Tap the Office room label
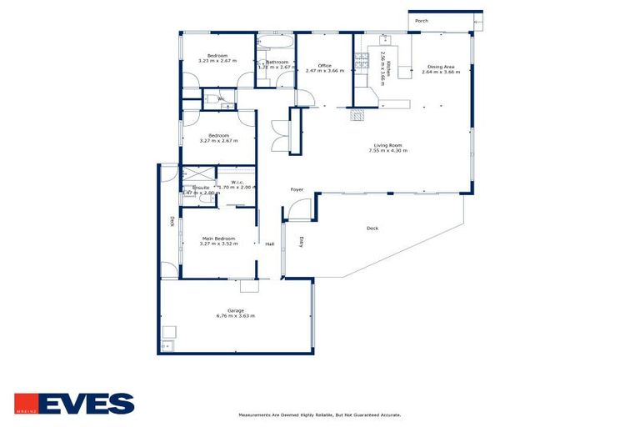click(x=324, y=66)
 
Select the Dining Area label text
click(x=441, y=67)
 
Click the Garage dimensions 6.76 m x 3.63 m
click(x=235, y=316)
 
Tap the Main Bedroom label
click(x=219, y=239)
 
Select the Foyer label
click(x=297, y=190)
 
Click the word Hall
click(x=270, y=244)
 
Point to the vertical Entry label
click(x=301, y=242)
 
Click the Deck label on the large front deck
click(x=372, y=228)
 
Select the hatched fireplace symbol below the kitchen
click(x=357, y=116)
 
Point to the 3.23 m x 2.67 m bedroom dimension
click(x=217, y=61)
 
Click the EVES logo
click(x=74, y=404)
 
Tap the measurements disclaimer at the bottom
click(x=320, y=414)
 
